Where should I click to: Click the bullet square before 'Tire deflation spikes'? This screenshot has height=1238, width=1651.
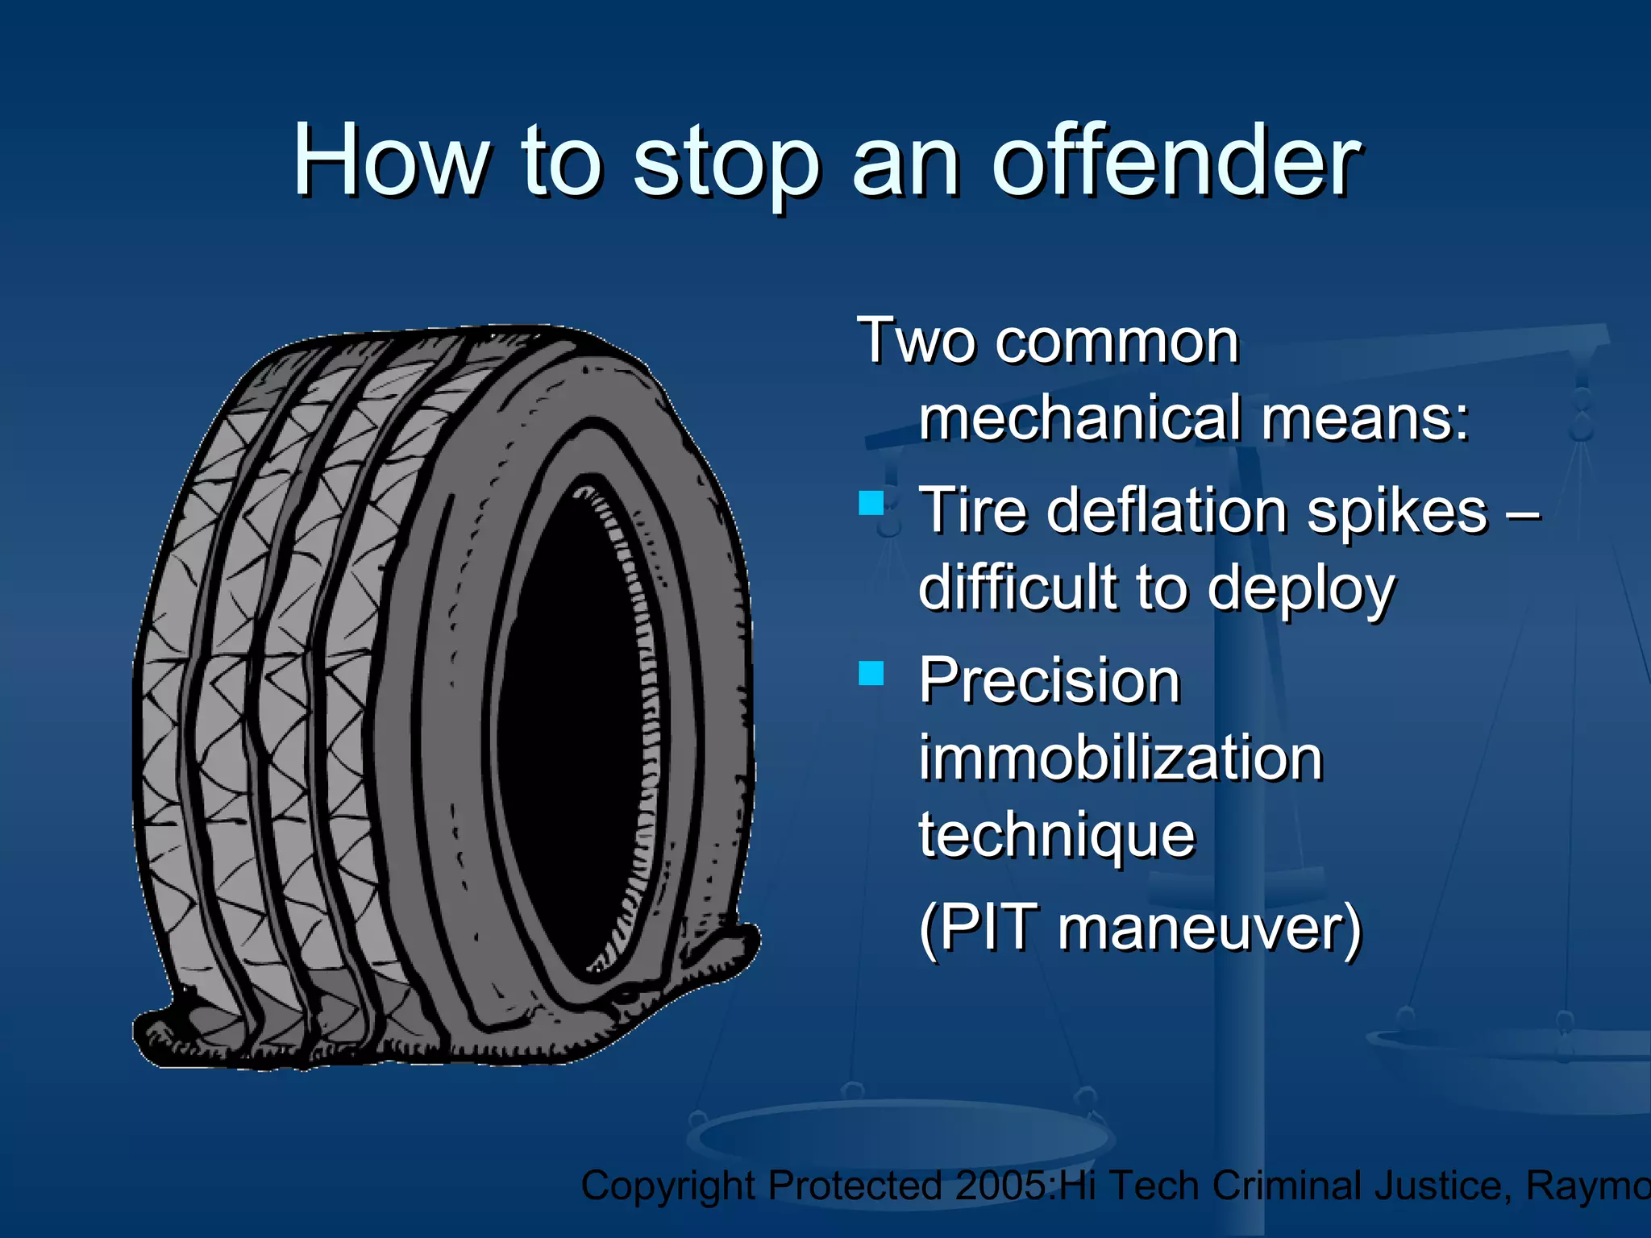pos(871,503)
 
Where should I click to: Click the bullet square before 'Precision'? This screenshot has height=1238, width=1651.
pos(871,672)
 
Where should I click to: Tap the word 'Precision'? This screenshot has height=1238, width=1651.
pos(1049,680)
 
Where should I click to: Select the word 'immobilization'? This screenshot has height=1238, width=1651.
pos(1121,758)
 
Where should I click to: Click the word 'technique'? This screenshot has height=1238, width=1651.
pos(1056,837)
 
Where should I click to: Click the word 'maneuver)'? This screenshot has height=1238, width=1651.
pos(1209,928)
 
